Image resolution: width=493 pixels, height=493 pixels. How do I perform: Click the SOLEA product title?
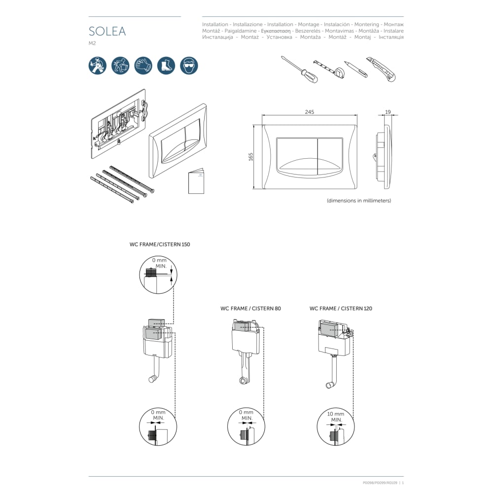(107, 31)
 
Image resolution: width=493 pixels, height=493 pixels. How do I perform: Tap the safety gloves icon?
(143, 66)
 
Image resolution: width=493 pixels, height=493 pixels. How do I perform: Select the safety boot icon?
(166, 66)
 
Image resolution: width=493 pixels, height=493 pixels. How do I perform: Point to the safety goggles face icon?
(189, 66)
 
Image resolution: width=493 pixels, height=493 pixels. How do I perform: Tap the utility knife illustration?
(381, 69)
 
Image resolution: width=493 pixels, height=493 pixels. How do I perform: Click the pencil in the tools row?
(356, 69)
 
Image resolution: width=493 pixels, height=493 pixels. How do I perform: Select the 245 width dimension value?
(310, 112)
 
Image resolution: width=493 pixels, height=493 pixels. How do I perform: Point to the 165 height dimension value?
(250, 157)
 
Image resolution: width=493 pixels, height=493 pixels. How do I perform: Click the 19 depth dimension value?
(387, 112)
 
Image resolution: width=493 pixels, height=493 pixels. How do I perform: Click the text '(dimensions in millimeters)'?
(359, 201)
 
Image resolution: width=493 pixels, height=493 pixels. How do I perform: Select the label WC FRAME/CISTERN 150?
(160, 245)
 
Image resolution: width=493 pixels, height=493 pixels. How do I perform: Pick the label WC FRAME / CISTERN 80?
(250, 309)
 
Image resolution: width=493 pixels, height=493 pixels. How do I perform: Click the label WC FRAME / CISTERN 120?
(341, 309)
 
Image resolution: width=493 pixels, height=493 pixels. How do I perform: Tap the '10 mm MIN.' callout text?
(336, 417)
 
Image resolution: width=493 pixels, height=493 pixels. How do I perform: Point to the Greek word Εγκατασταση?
(276, 31)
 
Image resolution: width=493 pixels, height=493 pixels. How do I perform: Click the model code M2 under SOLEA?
(92, 43)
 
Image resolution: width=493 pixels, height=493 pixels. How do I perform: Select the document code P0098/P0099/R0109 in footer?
(380, 483)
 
